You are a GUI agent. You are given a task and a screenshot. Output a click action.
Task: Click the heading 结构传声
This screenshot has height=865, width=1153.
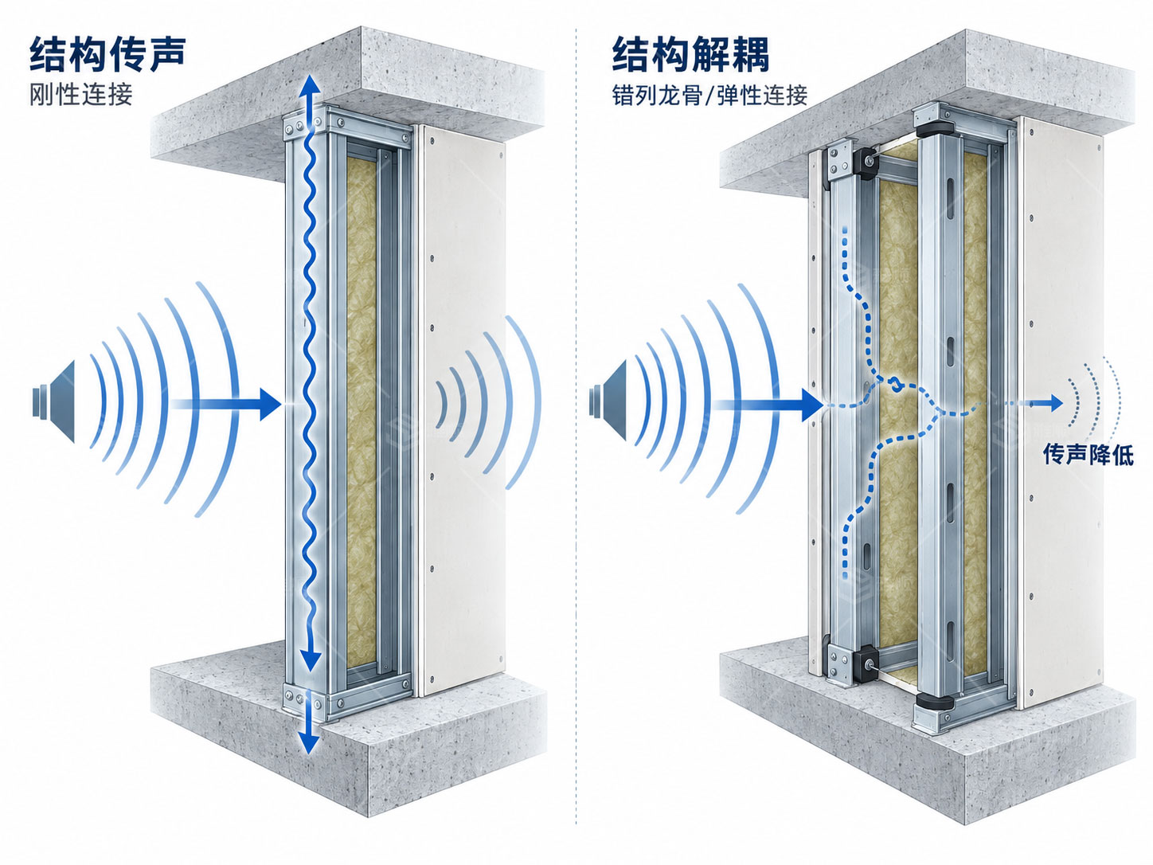click(107, 54)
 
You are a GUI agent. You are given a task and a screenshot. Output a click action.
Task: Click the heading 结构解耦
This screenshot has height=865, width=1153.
click(690, 54)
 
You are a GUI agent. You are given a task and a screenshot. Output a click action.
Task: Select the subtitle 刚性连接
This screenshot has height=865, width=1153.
click(81, 95)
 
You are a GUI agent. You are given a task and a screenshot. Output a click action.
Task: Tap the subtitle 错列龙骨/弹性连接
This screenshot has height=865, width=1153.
click(709, 95)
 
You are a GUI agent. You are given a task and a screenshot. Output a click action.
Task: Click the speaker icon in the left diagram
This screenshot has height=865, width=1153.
click(54, 401)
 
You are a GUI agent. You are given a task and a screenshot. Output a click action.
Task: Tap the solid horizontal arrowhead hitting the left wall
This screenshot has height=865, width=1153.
click(271, 405)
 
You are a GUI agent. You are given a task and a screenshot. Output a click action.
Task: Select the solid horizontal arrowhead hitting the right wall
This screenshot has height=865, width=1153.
click(812, 405)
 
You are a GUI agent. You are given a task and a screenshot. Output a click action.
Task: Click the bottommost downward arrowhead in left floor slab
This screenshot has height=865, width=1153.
click(309, 742)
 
